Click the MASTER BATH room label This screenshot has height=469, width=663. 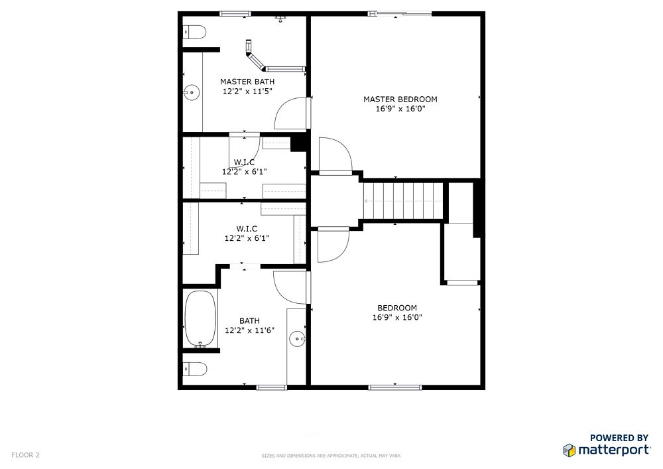247,82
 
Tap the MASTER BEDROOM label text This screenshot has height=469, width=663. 400,100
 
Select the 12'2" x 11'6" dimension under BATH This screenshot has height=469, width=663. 249,330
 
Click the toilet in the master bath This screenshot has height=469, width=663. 194,32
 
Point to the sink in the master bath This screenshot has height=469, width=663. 192,92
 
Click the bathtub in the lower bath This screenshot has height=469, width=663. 200,318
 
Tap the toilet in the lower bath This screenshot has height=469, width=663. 195,369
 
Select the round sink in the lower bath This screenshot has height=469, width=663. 297,339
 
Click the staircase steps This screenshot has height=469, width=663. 403,201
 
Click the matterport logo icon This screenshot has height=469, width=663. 569,450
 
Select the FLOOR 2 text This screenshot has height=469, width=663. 25,455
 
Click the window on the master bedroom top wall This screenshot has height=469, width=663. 400,13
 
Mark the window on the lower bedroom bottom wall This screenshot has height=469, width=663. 395,387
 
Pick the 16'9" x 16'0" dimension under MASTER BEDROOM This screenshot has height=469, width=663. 400,109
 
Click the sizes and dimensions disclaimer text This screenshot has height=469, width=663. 331,456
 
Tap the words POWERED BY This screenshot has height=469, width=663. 619,438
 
